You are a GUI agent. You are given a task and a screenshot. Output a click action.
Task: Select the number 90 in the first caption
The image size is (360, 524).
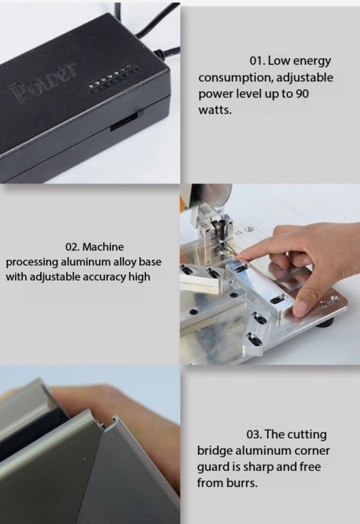click(x=302, y=93)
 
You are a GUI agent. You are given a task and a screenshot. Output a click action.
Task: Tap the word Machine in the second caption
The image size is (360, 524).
click(x=103, y=247)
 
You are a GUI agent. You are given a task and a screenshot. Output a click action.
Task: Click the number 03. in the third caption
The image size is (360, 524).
click(x=257, y=435)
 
